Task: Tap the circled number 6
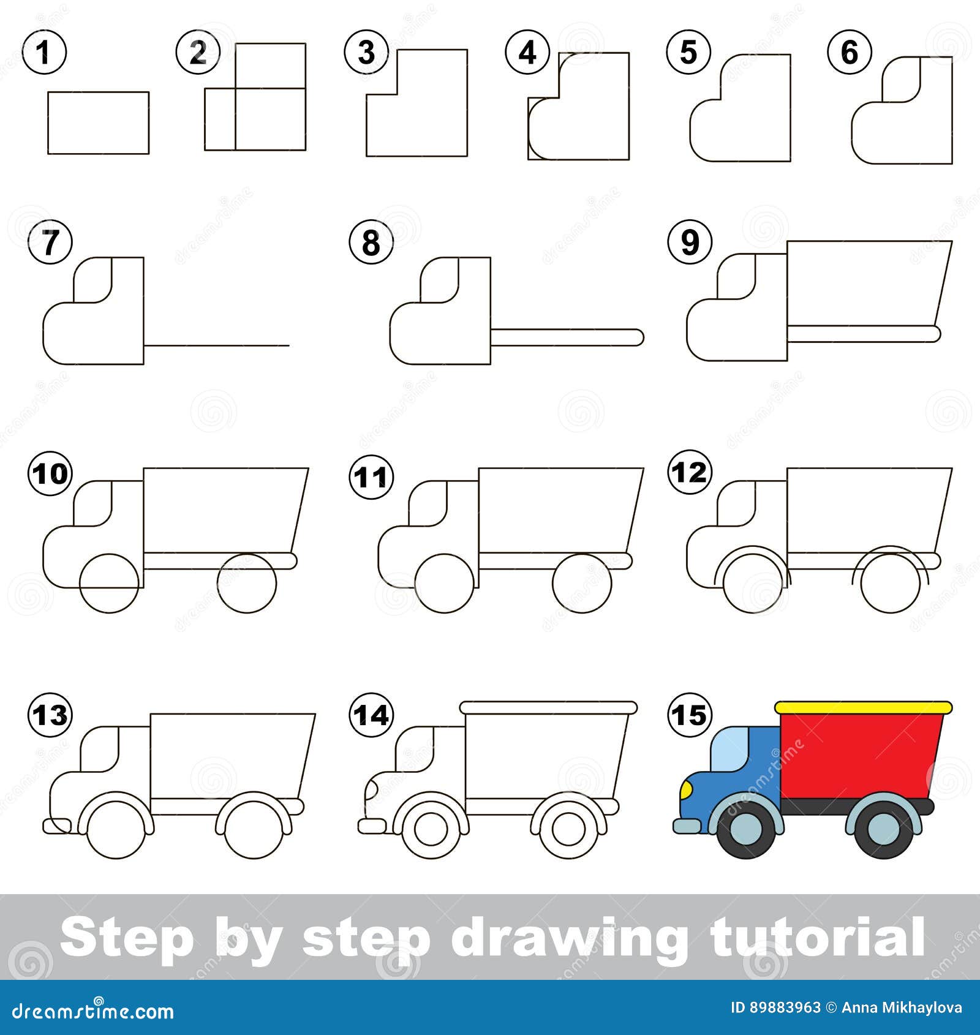(x=850, y=52)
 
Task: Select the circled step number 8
(x=371, y=243)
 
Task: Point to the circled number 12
(x=690, y=472)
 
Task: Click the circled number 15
(x=690, y=715)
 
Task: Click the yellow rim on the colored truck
(x=864, y=708)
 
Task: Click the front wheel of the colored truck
(x=747, y=827)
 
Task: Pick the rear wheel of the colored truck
(x=883, y=827)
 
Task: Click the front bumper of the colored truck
(x=687, y=827)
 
